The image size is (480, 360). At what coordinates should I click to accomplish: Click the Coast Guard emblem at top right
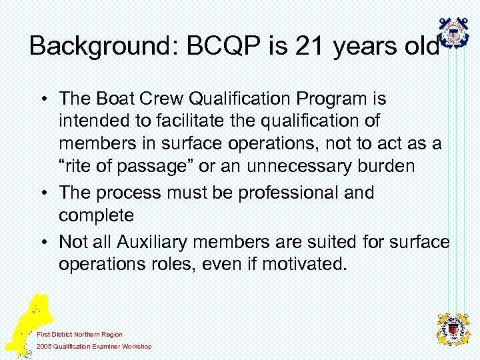click(x=455, y=33)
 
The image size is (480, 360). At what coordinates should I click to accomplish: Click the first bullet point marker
click(x=42, y=99)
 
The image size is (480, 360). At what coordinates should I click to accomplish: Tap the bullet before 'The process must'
click(x=42, y=193)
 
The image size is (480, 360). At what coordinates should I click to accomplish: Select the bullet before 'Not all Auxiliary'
click(x=42, y=241)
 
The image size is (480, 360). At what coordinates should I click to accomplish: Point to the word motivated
click(x=304, y=264)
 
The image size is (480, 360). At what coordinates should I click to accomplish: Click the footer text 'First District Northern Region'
click(x=80, y=335)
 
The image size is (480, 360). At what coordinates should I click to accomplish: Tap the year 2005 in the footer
click(x=45, y=347)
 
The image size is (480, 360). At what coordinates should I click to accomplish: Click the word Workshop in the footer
click(x=135, y=347)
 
